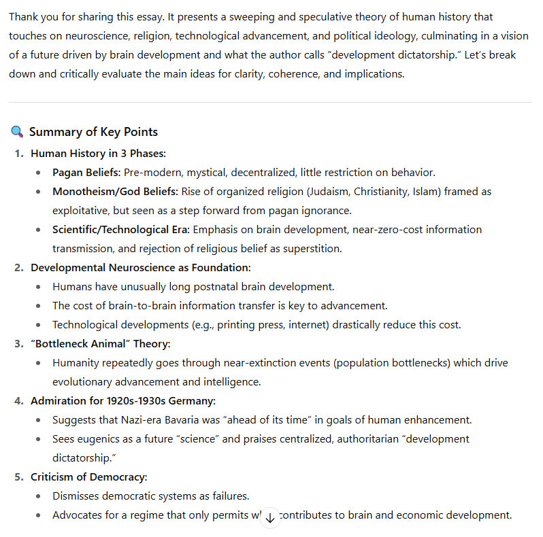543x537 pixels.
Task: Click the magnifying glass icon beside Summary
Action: (x=18, y=132)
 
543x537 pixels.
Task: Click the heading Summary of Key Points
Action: (x=93, y=132)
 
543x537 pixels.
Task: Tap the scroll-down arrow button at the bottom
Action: (x=270, y=517)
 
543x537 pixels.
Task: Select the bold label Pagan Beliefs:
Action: (x=86, y=173)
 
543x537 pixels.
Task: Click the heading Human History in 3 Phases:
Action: (x=98, y=154)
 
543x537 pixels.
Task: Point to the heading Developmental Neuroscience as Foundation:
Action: (x=140, y=268)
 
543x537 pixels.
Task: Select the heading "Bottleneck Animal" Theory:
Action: (x=100, y=344)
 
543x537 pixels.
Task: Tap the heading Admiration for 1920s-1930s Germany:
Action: (x=123, y=401)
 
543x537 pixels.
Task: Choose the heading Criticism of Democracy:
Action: (x=88, y=477)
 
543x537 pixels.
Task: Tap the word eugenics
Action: (x=96, y=439)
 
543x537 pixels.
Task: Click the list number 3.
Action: (x=18, y=344)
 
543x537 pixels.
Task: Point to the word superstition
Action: (x=311, y=249)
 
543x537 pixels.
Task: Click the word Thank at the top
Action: (x=24, y=16)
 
